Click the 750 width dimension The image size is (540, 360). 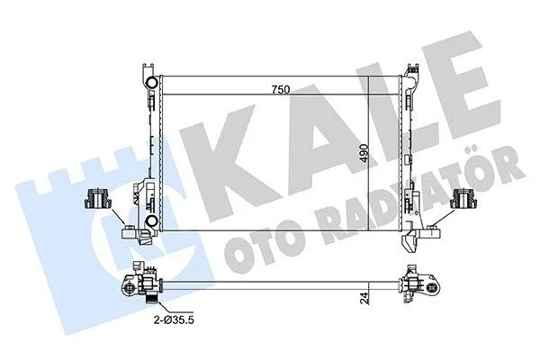coord(281,90)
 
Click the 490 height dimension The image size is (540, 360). coord(364,154)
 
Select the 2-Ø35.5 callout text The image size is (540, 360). coord(174,320)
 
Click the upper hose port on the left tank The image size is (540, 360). coord(151,82)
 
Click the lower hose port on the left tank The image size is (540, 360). coord(151,221)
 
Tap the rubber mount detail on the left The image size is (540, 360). coord(98,199)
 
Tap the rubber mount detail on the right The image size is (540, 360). coord(464,199)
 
